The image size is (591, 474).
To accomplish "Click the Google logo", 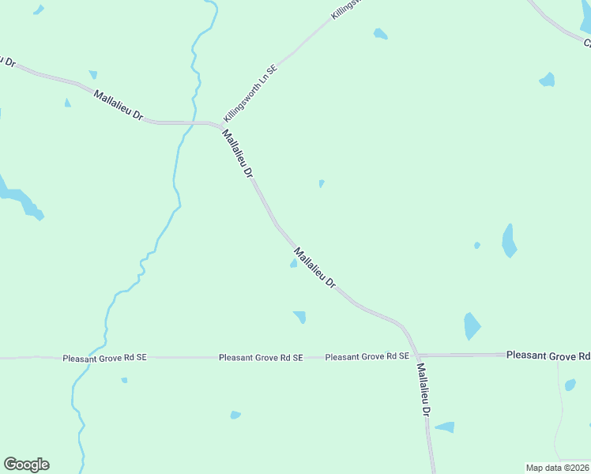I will tap(26, 465).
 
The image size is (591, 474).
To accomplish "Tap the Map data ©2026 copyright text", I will tap(557, 468).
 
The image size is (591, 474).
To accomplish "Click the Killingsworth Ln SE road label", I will tap(251, 90).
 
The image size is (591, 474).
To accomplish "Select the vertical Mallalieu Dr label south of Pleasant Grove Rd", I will tap(424, 389).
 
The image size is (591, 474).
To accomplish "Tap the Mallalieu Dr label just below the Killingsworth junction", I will tap(238, 153).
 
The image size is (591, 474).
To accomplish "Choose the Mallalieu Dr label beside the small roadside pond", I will tap(314, 269).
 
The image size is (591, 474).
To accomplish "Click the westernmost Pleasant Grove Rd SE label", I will tap(105, 358).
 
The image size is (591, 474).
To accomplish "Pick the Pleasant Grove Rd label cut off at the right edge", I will tap(548, 356).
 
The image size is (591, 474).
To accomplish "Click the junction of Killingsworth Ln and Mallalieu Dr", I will tap(222, 125).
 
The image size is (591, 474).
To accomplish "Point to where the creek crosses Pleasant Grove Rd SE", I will tap(91, 357).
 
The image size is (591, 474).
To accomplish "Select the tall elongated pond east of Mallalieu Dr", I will tap(509, 240).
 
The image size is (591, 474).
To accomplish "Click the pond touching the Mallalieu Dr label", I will tap(294, 263).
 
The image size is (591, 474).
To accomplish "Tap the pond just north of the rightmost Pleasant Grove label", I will tap(471, 325).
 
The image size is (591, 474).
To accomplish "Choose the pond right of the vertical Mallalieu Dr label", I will tap(446, 427).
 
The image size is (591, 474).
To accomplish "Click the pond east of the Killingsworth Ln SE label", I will tap(381, 34).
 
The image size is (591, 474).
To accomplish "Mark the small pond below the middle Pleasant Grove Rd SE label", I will tap(235, 415).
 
